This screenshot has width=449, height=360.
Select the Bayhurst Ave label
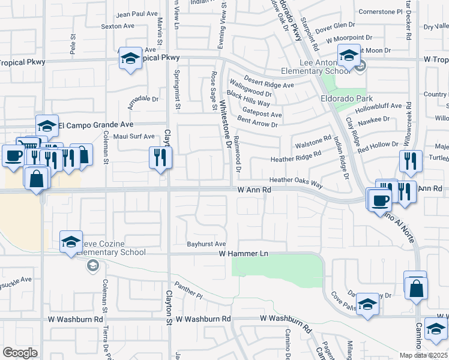point(206,244)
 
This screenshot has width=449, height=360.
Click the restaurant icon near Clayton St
point(160,158)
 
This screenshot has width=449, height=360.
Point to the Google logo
point(20,353)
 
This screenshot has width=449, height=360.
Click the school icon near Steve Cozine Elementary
point(71,242)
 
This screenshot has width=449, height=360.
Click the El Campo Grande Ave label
point(95,125)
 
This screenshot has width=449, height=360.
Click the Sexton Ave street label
point(118,26)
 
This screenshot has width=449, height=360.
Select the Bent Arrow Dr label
point(258,125)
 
